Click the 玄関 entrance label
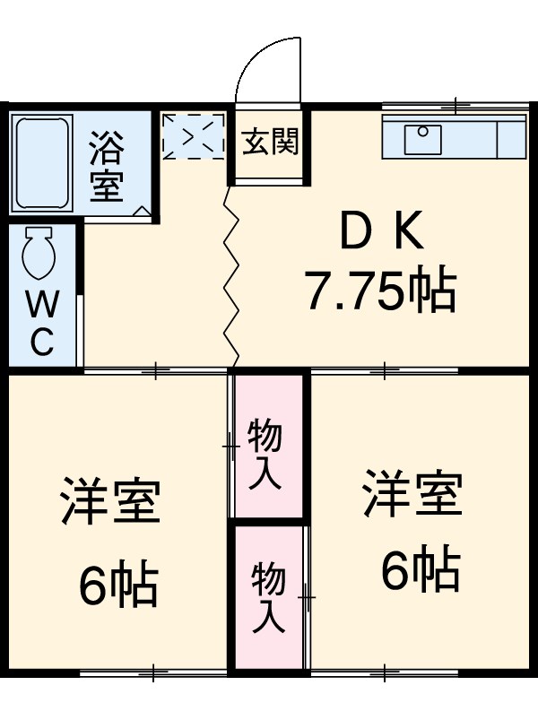[270, 142]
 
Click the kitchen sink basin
[423, 139]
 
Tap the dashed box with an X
[192, 136]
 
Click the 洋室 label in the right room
[412, 492]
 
